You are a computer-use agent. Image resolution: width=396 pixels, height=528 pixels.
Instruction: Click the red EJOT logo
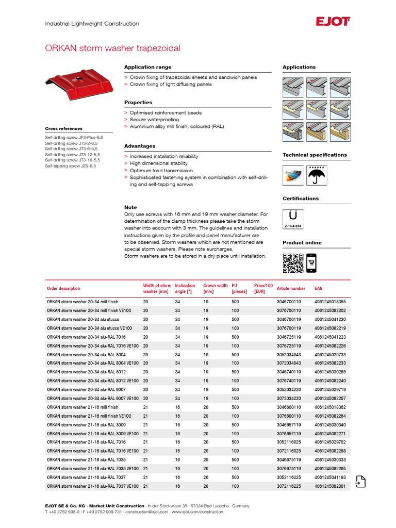[333, 21]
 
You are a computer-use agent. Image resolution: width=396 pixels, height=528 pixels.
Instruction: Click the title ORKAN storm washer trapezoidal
[113, 48]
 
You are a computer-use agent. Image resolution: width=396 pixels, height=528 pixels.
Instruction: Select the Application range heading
[148, 67]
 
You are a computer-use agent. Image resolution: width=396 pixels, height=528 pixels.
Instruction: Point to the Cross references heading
[63, 128]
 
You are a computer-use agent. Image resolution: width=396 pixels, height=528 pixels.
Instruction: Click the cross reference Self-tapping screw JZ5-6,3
[70, 166]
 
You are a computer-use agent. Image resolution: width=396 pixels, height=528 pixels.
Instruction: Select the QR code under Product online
[292, 262]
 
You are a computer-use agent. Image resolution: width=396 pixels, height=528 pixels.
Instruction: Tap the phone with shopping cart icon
[311, 262]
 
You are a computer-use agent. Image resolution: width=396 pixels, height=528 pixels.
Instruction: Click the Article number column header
[291, 289]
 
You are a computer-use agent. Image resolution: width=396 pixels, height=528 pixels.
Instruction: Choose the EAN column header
[319, 289]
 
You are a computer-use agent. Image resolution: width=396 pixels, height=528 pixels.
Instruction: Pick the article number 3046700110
[289, 302]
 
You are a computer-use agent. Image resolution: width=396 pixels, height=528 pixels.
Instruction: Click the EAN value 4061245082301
[330, 486]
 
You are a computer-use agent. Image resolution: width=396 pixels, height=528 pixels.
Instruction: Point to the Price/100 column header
[263, 288]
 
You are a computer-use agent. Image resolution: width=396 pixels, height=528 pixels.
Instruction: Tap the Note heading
[130, 207]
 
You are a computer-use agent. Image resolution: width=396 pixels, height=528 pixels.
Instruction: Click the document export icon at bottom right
[360, 481]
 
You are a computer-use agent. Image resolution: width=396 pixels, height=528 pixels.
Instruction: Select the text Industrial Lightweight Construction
[92, 24]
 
